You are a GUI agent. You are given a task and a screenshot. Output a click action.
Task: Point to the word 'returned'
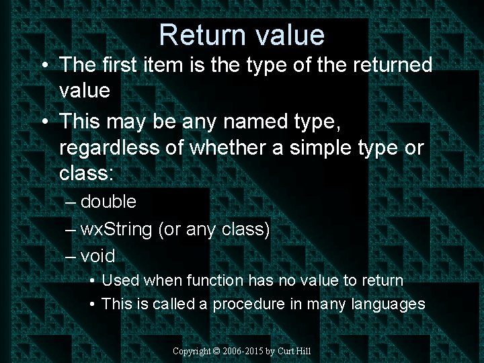pyautogui.click(x=389, y=65)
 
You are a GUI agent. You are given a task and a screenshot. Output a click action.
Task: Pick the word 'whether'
pyautogui.click(x=232, y=148)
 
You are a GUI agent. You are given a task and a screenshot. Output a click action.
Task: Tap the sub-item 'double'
pyautogui.click(x=108, y=202)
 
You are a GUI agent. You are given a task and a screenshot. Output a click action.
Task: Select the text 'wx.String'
pyautogui.click(x=116, y=229)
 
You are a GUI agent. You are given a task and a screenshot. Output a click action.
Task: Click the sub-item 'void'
pyautogui.click(x=98, y=256)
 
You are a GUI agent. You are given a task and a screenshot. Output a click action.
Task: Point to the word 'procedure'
pyautogui.click(x=249, y=304)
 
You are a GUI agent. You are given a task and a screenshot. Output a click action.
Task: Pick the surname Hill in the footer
pyautogui.click(x=302, y=351)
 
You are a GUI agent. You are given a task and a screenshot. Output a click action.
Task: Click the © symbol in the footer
pyautogui.click(x=216, y=351)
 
